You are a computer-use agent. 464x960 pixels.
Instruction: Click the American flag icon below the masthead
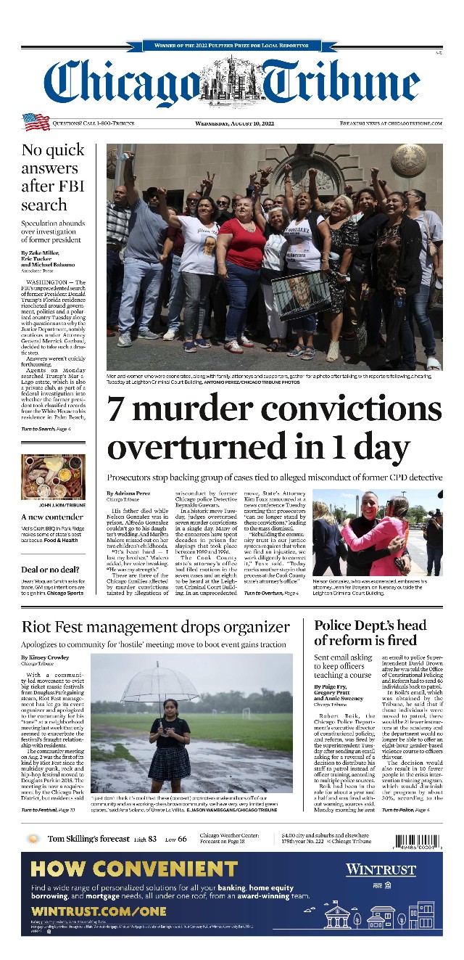36,122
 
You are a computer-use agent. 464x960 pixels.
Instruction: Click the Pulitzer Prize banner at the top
232,46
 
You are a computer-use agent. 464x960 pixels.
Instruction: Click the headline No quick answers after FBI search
53,178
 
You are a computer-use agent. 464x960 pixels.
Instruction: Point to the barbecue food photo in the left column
53,477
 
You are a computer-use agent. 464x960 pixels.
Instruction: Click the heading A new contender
52,517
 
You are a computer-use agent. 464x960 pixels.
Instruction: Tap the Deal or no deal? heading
50,570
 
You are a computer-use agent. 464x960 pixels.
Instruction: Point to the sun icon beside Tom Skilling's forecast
33,840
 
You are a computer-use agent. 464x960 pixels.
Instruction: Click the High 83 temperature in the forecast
145,840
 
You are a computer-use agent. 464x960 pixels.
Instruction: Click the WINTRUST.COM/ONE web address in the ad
99,911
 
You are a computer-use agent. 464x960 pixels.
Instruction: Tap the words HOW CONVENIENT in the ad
134,869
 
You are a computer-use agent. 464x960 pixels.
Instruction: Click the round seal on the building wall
410,158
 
